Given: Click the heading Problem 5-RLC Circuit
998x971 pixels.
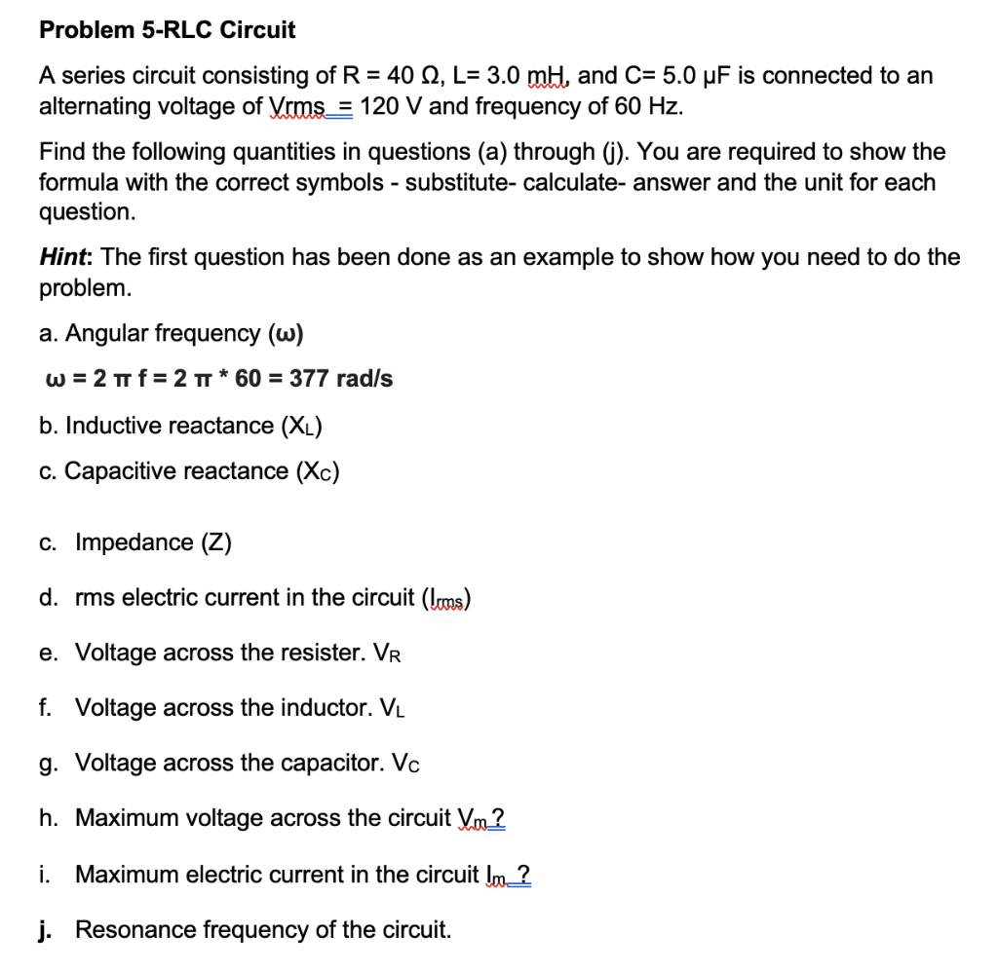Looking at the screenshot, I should click(x=167, y=30).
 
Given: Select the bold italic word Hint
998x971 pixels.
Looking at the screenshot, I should click(x=64, y=258).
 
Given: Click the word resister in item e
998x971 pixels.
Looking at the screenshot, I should click(x=318, y=653).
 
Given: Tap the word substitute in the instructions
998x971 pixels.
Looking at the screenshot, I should click(x=454, y=182).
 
